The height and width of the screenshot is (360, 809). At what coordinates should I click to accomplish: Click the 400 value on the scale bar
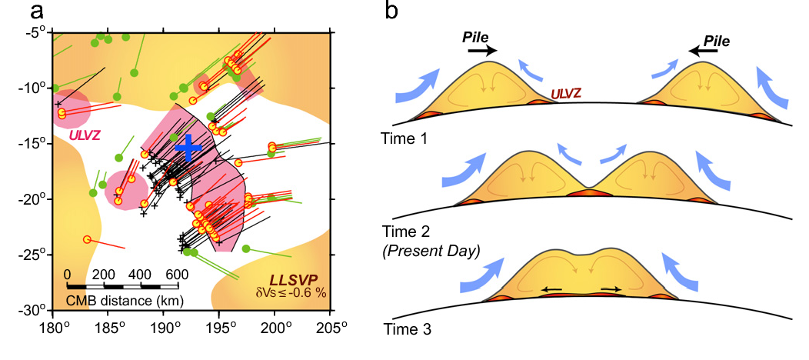[x=140, y=275]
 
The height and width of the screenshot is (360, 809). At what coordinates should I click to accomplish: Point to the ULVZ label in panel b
[x=565, y=94]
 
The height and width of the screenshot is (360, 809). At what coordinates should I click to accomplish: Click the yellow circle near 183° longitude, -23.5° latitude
[x=87, y=239]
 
